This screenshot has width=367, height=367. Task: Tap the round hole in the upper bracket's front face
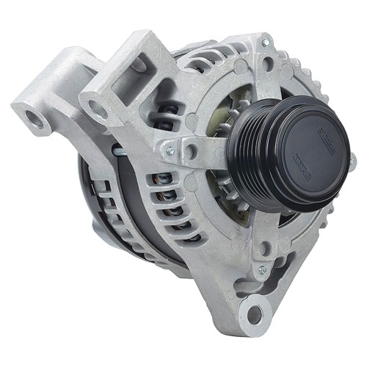click(x=97, y=110)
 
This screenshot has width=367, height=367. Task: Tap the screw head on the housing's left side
click(x=170, y=150)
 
